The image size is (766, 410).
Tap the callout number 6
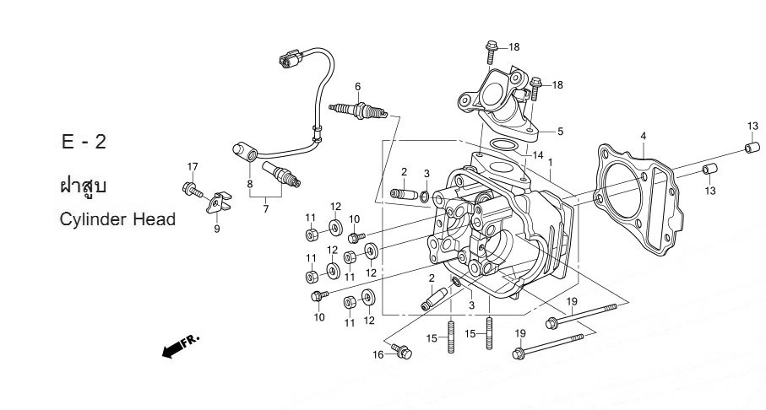tap(358, 86)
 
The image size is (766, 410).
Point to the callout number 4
tap(643, 136)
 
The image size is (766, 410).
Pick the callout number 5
tap(559, 132)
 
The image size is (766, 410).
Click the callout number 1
tap(550, 162)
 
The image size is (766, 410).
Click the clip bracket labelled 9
tap(219, 205)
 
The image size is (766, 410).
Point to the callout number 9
tap(216, 229)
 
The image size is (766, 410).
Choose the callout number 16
tap(379, 355)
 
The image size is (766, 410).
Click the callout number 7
tap(265, 209)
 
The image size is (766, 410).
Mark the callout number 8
tap(250, 183)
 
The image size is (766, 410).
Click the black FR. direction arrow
tap(175, 347)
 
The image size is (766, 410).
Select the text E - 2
tap(84, 141)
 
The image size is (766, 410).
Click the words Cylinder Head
tap(117, 219)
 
